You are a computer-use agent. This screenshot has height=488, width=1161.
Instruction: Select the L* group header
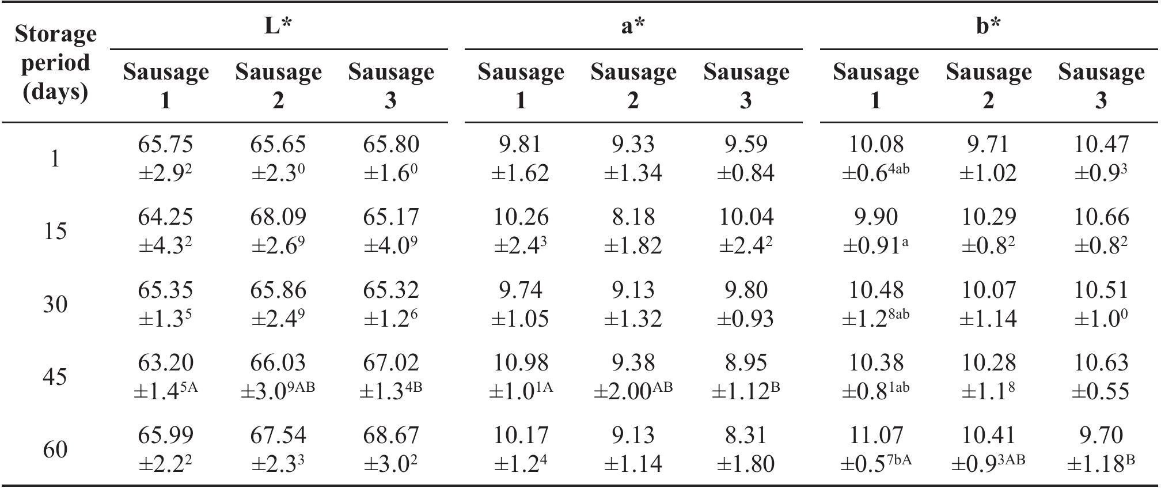pyautogui.click(x=278, y=25)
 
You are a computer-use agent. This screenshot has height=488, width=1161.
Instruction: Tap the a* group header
pyautogui.click(x=633, y=25)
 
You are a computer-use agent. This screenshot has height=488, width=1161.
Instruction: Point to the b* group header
pyautogui.click(x=988, y=25)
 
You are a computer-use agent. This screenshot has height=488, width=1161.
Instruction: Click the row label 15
pyautogui.click(x=55, y=231)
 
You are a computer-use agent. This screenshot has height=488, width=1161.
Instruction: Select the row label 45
pyautogui.click(x=55, y=377)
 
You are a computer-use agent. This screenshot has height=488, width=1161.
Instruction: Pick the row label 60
pyautogui.click(x=55, y=449)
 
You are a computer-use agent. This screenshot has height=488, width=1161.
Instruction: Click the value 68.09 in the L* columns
pyautogui.click(x=278, y=217)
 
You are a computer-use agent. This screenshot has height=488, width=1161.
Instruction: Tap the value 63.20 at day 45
pyautogui.click(x=165, y=363)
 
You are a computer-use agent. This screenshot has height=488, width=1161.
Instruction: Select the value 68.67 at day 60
pyautogui.click(x=391, y=436)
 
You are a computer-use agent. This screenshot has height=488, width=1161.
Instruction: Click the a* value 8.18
pyautogui.click(x=633, y=217)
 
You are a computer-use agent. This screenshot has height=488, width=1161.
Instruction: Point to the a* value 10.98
pyautogui.click(x=521, y=363)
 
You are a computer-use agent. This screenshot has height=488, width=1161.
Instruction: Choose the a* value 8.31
pyautogui.click(x=746, y=436)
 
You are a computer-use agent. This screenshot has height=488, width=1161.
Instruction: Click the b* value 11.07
pyautogui.click(x=876, y=436)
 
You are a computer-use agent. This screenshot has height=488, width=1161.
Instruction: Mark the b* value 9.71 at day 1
pyautogui.click(x=988, y=145)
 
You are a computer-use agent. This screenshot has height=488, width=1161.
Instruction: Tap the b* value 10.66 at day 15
pyautogui.click(x=1101, y=217)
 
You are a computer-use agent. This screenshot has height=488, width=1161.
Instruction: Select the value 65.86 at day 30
pyautogui.click(x=278, y=290)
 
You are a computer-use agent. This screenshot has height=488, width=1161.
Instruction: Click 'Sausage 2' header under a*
pyautogui.click(x=633, y=85)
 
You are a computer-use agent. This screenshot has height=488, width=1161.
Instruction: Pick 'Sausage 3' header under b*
pyautogui.click(x=1101, y=85)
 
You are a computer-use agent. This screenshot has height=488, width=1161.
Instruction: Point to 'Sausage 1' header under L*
pyautogui.click(x=165, y=85)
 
